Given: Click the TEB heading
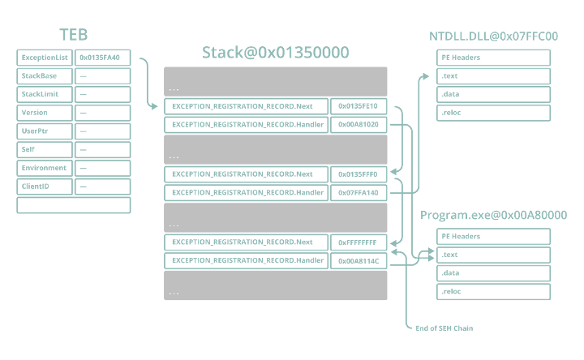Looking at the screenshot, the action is click(x=74, y=35).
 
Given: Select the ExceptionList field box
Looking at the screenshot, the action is click(x=45, y=58).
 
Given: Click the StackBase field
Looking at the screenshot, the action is click(x=45, y=76).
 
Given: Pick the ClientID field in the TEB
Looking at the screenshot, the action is click(x=45, y=186).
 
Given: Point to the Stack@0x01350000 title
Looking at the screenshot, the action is click(x=276, y=53).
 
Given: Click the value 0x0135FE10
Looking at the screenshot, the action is click(x=359, y=106).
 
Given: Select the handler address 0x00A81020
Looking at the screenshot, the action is click(x=359, y=125).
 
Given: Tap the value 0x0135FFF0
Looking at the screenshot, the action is click(x=359, y=174).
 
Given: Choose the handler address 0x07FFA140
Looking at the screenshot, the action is click(x=359, y=193).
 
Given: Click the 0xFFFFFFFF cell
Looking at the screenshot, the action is click(x=359, y=242).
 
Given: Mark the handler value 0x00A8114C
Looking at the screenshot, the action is click(x=359, y=261).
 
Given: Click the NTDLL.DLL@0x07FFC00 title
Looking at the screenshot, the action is click(x=493, y=36).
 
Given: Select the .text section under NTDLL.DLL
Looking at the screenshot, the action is click(x=493, y=76).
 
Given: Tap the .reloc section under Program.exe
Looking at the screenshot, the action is click(x=493, y=292).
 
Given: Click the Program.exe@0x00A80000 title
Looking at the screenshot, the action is click(x=493, y=215).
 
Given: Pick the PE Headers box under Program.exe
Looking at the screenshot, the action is click(x=493, y=237).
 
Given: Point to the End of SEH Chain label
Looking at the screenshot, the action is click(x=444, y=328).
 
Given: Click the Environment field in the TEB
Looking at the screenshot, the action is click(x=45, y=169).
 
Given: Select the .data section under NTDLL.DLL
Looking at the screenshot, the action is click(x=493, y=95).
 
